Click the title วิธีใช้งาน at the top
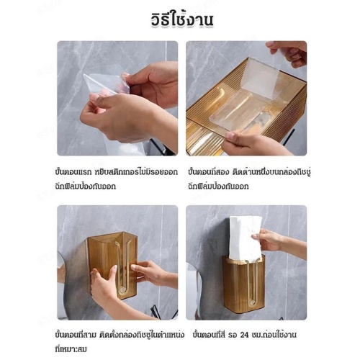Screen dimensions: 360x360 click(x=182, y=19)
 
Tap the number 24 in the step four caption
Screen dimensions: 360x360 click(x=244, y=335)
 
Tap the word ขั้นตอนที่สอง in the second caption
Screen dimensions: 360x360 click(x=208, y=172)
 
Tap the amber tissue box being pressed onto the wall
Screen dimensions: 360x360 click(x=112, y=264)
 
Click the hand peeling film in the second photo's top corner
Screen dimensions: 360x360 click(x=288, y=53)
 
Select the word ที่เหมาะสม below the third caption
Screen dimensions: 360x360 click(x=71, y=349)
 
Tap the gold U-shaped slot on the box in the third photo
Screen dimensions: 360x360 click(x=124, y=266)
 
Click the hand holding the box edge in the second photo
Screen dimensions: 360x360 click(x=252, y=143)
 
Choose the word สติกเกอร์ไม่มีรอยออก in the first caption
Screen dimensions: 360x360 click(x=136, y=172)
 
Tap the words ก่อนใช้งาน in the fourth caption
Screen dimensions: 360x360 click(x=280, y=335)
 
